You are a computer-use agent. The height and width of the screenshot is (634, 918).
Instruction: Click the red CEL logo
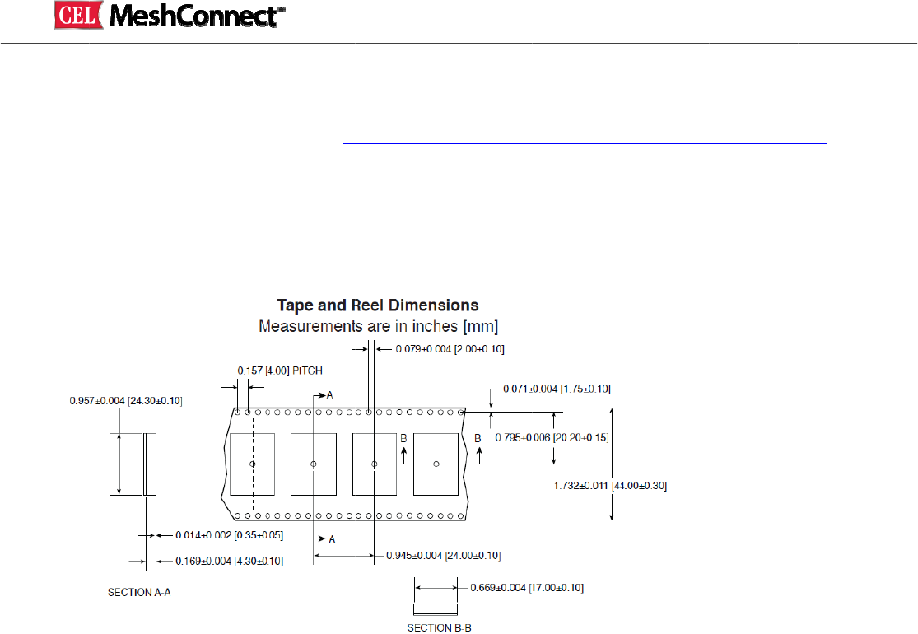[x=77, y=16]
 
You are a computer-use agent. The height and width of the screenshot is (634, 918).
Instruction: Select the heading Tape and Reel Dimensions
[x=378, y=306]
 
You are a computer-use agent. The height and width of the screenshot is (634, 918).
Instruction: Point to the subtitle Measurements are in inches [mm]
[x=378, y=326]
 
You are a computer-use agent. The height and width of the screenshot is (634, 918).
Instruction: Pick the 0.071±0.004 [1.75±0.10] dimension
[x=557, y=388]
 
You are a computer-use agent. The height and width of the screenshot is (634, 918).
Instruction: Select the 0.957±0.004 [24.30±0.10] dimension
[x=126, y=401]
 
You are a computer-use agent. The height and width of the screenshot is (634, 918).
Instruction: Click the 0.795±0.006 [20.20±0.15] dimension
[x=552, y=437]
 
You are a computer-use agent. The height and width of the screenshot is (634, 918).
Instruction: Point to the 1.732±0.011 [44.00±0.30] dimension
[x=610, y=486]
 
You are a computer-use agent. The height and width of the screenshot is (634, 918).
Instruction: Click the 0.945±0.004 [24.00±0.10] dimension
[x=443, y=556]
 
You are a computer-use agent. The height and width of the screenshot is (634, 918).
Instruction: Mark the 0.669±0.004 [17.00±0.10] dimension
[x=527, y=588]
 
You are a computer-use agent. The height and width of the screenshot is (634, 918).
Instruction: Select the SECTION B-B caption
[x=440, y=627]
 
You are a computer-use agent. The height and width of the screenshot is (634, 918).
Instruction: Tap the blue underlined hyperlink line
[x=585, y=142]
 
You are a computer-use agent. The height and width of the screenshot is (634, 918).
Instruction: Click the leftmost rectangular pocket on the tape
[x=252, y=464]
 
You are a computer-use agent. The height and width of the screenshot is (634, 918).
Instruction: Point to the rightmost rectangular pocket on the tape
[x=436, y=464]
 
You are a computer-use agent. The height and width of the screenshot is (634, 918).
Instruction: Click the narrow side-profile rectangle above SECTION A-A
[x=150, y=464]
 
